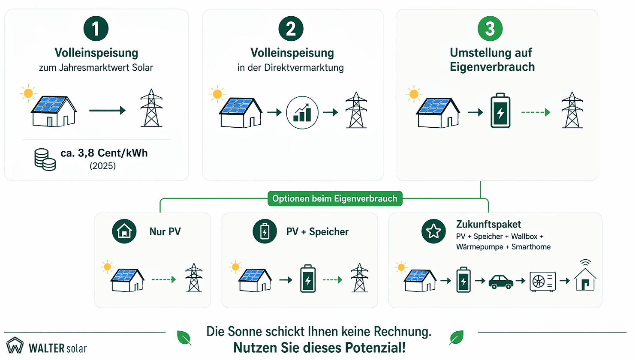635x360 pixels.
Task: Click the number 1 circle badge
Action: point(96,29)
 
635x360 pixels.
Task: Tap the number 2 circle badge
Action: point(291,29)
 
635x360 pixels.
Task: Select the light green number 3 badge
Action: point(490,29)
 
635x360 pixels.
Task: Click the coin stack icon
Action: point(45,159)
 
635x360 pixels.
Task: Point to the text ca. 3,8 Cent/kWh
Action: point(104,153)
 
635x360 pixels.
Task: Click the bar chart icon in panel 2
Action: point(302,113)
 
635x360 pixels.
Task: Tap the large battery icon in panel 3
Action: point(500,111)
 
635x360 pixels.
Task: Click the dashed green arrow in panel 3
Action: point(536,112)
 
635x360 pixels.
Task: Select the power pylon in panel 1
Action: point(151,108)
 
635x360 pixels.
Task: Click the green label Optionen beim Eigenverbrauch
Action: point(335,198)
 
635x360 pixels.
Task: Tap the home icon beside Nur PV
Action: point(124,231)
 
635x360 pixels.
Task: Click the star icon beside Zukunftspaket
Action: point(433,231)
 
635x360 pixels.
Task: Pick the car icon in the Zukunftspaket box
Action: point(501,282)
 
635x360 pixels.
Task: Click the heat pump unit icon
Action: point(542,282)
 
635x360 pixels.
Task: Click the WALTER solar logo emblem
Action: point(15,345)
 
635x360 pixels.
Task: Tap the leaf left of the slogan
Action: point(184,338)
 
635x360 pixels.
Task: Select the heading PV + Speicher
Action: point(317,232)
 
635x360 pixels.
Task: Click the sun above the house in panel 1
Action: point(28,93)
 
